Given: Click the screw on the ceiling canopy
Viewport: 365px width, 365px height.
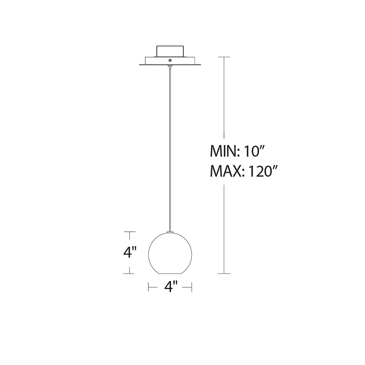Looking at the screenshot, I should click(170, 60).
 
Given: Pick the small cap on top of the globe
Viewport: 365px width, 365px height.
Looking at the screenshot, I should click(170, 232).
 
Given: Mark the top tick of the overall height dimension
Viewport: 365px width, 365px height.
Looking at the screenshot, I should click(224, 57).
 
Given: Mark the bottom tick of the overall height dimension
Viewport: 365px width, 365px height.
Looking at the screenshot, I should click(224, 273).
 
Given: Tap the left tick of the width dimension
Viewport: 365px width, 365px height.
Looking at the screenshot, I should click(149, 287).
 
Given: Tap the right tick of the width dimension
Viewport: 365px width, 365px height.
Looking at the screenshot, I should click(192, 287).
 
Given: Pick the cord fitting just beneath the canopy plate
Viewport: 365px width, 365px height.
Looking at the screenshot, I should click(170, 67).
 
